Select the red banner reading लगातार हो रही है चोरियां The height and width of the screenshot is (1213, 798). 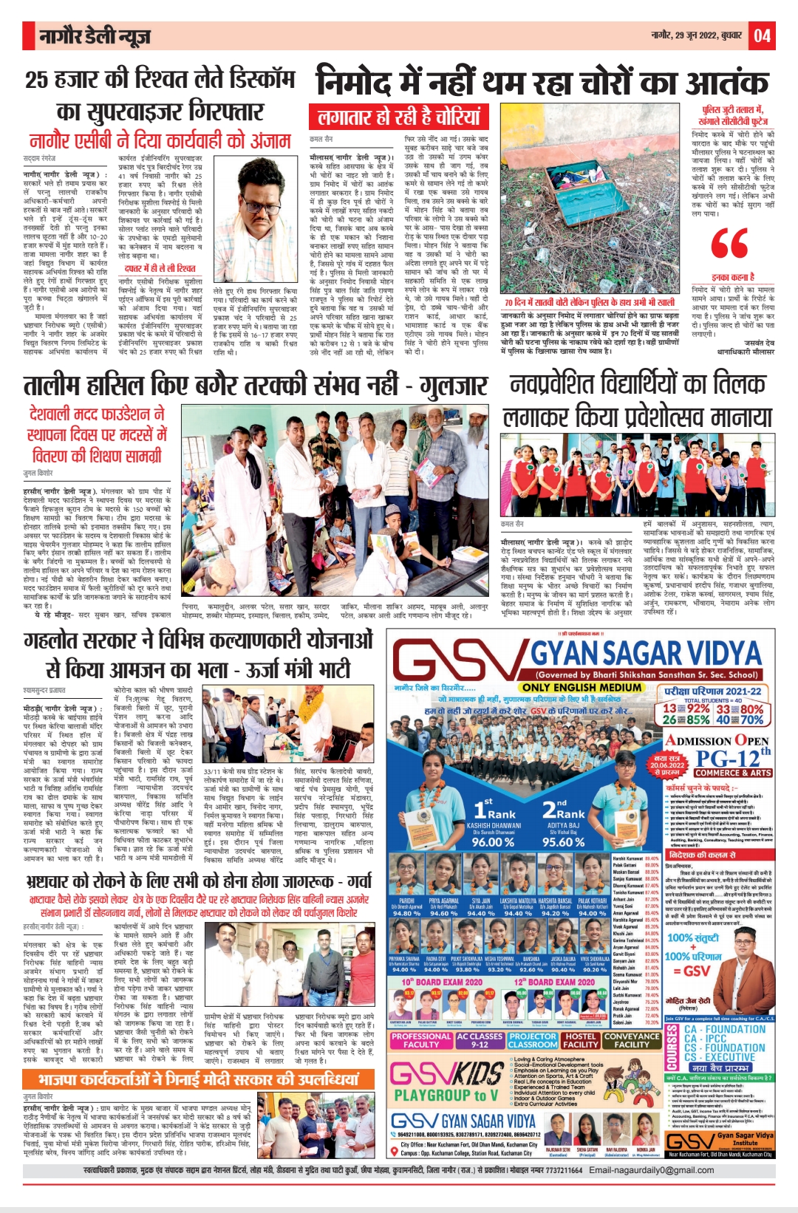398,117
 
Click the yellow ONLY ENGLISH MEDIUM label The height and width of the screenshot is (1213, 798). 582,687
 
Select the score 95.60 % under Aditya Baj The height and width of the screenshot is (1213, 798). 563,841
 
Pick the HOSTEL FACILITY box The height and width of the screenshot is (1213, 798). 580,1040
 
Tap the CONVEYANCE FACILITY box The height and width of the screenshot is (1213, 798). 632,1040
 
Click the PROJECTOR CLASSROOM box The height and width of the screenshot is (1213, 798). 532,1040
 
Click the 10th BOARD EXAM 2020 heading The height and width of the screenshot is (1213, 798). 442,982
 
